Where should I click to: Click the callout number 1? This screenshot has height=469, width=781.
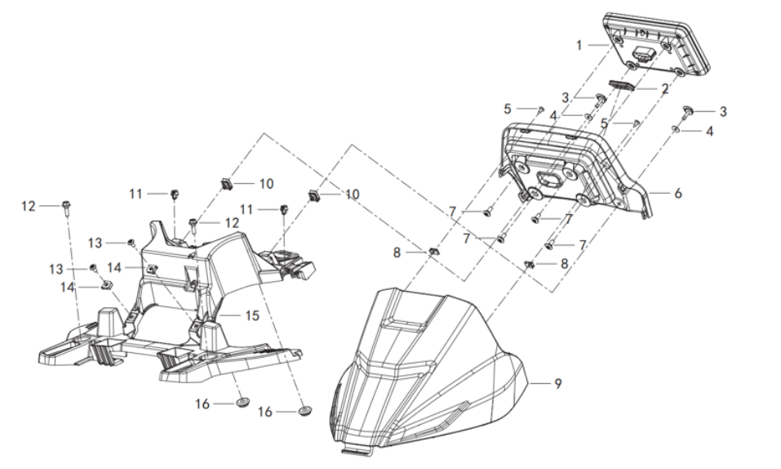pyautogui.click(x=579, y=46)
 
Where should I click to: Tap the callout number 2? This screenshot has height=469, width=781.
pyautogui.click(x=664, y=89)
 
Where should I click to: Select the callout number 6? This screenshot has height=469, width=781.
pyautogui.click(x=678, y=193)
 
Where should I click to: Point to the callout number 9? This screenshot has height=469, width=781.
pyautogui.click(x=558, y=383)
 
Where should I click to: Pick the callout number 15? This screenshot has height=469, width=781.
pyautogui.click(x=252, y=315)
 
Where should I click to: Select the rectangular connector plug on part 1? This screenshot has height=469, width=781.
pyautogui.click(x=641, y=53)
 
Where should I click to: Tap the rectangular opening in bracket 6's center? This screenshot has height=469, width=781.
pyautogui.click(x=549, y=178)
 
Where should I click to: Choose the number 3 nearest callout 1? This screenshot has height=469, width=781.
pyautogui.click(x=566, y=98)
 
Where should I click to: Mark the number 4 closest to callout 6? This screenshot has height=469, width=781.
pyautogui.click(x=710, y=132)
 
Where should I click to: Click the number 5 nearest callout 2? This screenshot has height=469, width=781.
pyautogui.click(x=604, y=123)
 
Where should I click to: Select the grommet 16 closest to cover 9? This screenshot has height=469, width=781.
pyautogui.click(x=304, y=411)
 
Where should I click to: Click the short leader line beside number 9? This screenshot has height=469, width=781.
pyautogui.click(x=539, y=383)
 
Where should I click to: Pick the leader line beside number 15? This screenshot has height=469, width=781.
pyautogui.click(x=231, y=315)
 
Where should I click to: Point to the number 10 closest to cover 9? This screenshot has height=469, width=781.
pyautogui.click(x=353, y=194)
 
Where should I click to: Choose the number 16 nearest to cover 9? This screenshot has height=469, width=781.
pyautogui.click(x=265, y=412)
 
